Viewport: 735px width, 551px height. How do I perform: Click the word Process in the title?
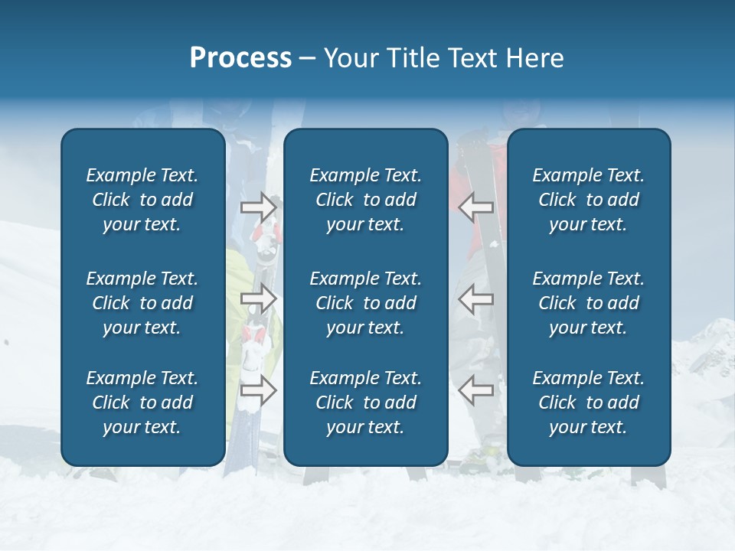pos(240,58)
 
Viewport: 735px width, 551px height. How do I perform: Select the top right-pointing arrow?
pos(259,207)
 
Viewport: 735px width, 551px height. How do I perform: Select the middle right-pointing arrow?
pos(259,298)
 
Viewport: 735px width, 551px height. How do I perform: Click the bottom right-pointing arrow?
pos(259,390)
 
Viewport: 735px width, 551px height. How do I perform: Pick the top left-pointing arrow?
pos(475,207)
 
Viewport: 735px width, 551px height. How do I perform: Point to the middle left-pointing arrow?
pos(475,298)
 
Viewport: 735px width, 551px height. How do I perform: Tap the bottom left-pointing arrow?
pos(475,390)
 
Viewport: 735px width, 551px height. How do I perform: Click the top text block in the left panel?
pos(142,200)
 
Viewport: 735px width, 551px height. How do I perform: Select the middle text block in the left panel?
pos(142,303)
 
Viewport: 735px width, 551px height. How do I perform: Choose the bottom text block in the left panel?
pos(142,403)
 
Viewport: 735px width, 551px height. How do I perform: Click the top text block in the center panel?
pos(365,200)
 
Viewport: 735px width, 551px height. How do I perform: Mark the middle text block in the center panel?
pos(365,303)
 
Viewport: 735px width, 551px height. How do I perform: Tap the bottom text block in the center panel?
pos(365,403)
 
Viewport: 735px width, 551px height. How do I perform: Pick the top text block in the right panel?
pos(588,200)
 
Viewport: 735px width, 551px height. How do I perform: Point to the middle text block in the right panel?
pos(588,303)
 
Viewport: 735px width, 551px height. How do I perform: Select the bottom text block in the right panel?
pos(588,403)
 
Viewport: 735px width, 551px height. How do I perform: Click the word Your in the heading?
pos(350,58)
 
